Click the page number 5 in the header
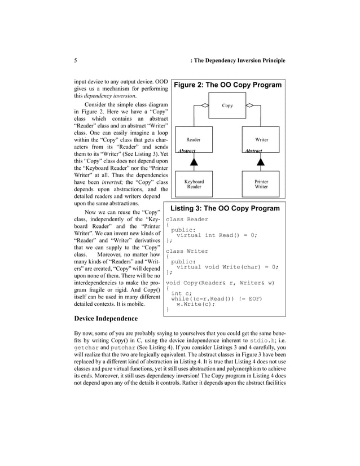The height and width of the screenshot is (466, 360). [x=76, y=60]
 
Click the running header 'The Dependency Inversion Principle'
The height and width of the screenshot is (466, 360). [x=240, y=60]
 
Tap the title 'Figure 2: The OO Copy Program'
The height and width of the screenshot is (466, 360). [x=227, y=85]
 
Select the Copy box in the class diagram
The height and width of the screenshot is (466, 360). [x=227, y=105]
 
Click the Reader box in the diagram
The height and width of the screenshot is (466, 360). [x=193, y=139]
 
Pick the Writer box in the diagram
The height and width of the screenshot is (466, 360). [x=261, y=139]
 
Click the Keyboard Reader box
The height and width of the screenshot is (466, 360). [x=194, y=184]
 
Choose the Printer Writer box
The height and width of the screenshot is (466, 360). [x=261, y=184]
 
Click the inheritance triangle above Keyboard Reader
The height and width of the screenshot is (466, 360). [x=194, y=162]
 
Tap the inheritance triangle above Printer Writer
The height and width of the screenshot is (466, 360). [x=261, y=162]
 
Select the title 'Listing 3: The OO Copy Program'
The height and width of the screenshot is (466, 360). [x=225, y=208]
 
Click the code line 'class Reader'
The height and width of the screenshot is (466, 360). [x=187, y=219]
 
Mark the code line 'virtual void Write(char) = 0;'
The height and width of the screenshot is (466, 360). [x=227, y=267]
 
